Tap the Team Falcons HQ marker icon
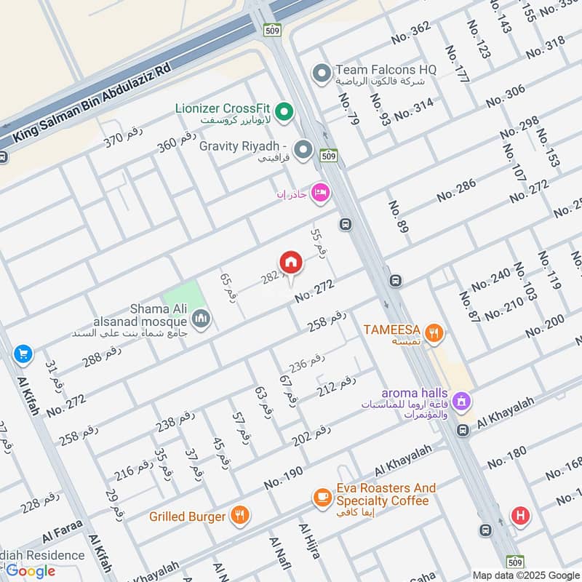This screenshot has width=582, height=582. click(321, 73)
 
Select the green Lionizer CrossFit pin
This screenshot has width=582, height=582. click(285, 111)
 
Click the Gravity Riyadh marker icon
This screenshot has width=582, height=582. click(303, 151)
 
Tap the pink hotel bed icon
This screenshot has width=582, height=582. click(319, 193)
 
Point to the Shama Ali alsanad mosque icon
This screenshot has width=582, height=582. click(202, 319)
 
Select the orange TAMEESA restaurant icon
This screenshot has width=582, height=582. click(435, 333)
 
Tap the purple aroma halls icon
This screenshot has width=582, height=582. click(461, 400)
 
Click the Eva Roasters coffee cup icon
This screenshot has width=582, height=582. click(321, 498)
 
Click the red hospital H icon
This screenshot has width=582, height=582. click(519, 516)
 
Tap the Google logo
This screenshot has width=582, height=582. click(31, 570)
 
